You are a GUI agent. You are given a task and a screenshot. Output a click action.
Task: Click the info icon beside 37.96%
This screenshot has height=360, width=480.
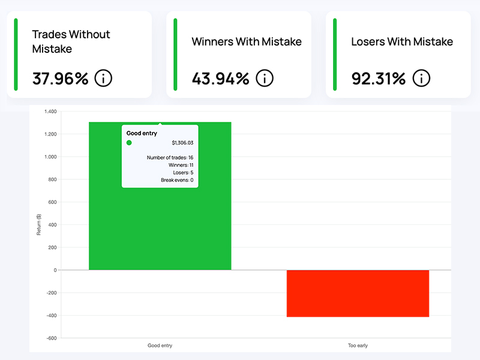click(103, 78)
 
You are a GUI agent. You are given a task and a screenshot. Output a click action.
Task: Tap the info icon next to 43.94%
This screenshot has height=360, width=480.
click(264, 78)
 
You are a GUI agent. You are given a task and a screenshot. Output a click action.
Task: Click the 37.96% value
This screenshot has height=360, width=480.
click(60, 78)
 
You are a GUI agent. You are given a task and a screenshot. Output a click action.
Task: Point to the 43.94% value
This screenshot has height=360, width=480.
click(220, 78)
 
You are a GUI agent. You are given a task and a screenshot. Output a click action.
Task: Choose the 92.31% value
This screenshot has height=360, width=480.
click(379, 78)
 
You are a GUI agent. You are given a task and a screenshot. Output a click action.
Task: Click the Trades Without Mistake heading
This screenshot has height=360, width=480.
click(71, 41)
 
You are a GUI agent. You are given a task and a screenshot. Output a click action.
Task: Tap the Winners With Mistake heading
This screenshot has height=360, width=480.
click(247, 42)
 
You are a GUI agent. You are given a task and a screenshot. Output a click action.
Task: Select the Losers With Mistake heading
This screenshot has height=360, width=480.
click(402, 42)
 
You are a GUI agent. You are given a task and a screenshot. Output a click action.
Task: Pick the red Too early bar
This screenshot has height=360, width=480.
click(358, 293)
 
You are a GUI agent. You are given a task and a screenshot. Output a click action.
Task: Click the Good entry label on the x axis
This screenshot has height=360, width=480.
click(160, 346)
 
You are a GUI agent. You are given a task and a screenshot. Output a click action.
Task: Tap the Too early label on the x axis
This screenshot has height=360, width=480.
click(358, 346)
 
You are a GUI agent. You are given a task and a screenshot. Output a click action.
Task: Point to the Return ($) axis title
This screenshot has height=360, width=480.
click(39, 223)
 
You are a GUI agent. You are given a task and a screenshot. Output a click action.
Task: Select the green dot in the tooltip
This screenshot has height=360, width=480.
click(129, 143)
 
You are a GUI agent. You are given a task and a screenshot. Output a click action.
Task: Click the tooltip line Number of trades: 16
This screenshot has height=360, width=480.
click(170, 157)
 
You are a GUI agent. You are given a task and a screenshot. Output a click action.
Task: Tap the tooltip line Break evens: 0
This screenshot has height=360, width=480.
click(177, 180)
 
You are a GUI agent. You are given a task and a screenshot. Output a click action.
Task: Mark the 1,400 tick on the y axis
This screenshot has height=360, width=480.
click(49, 112)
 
